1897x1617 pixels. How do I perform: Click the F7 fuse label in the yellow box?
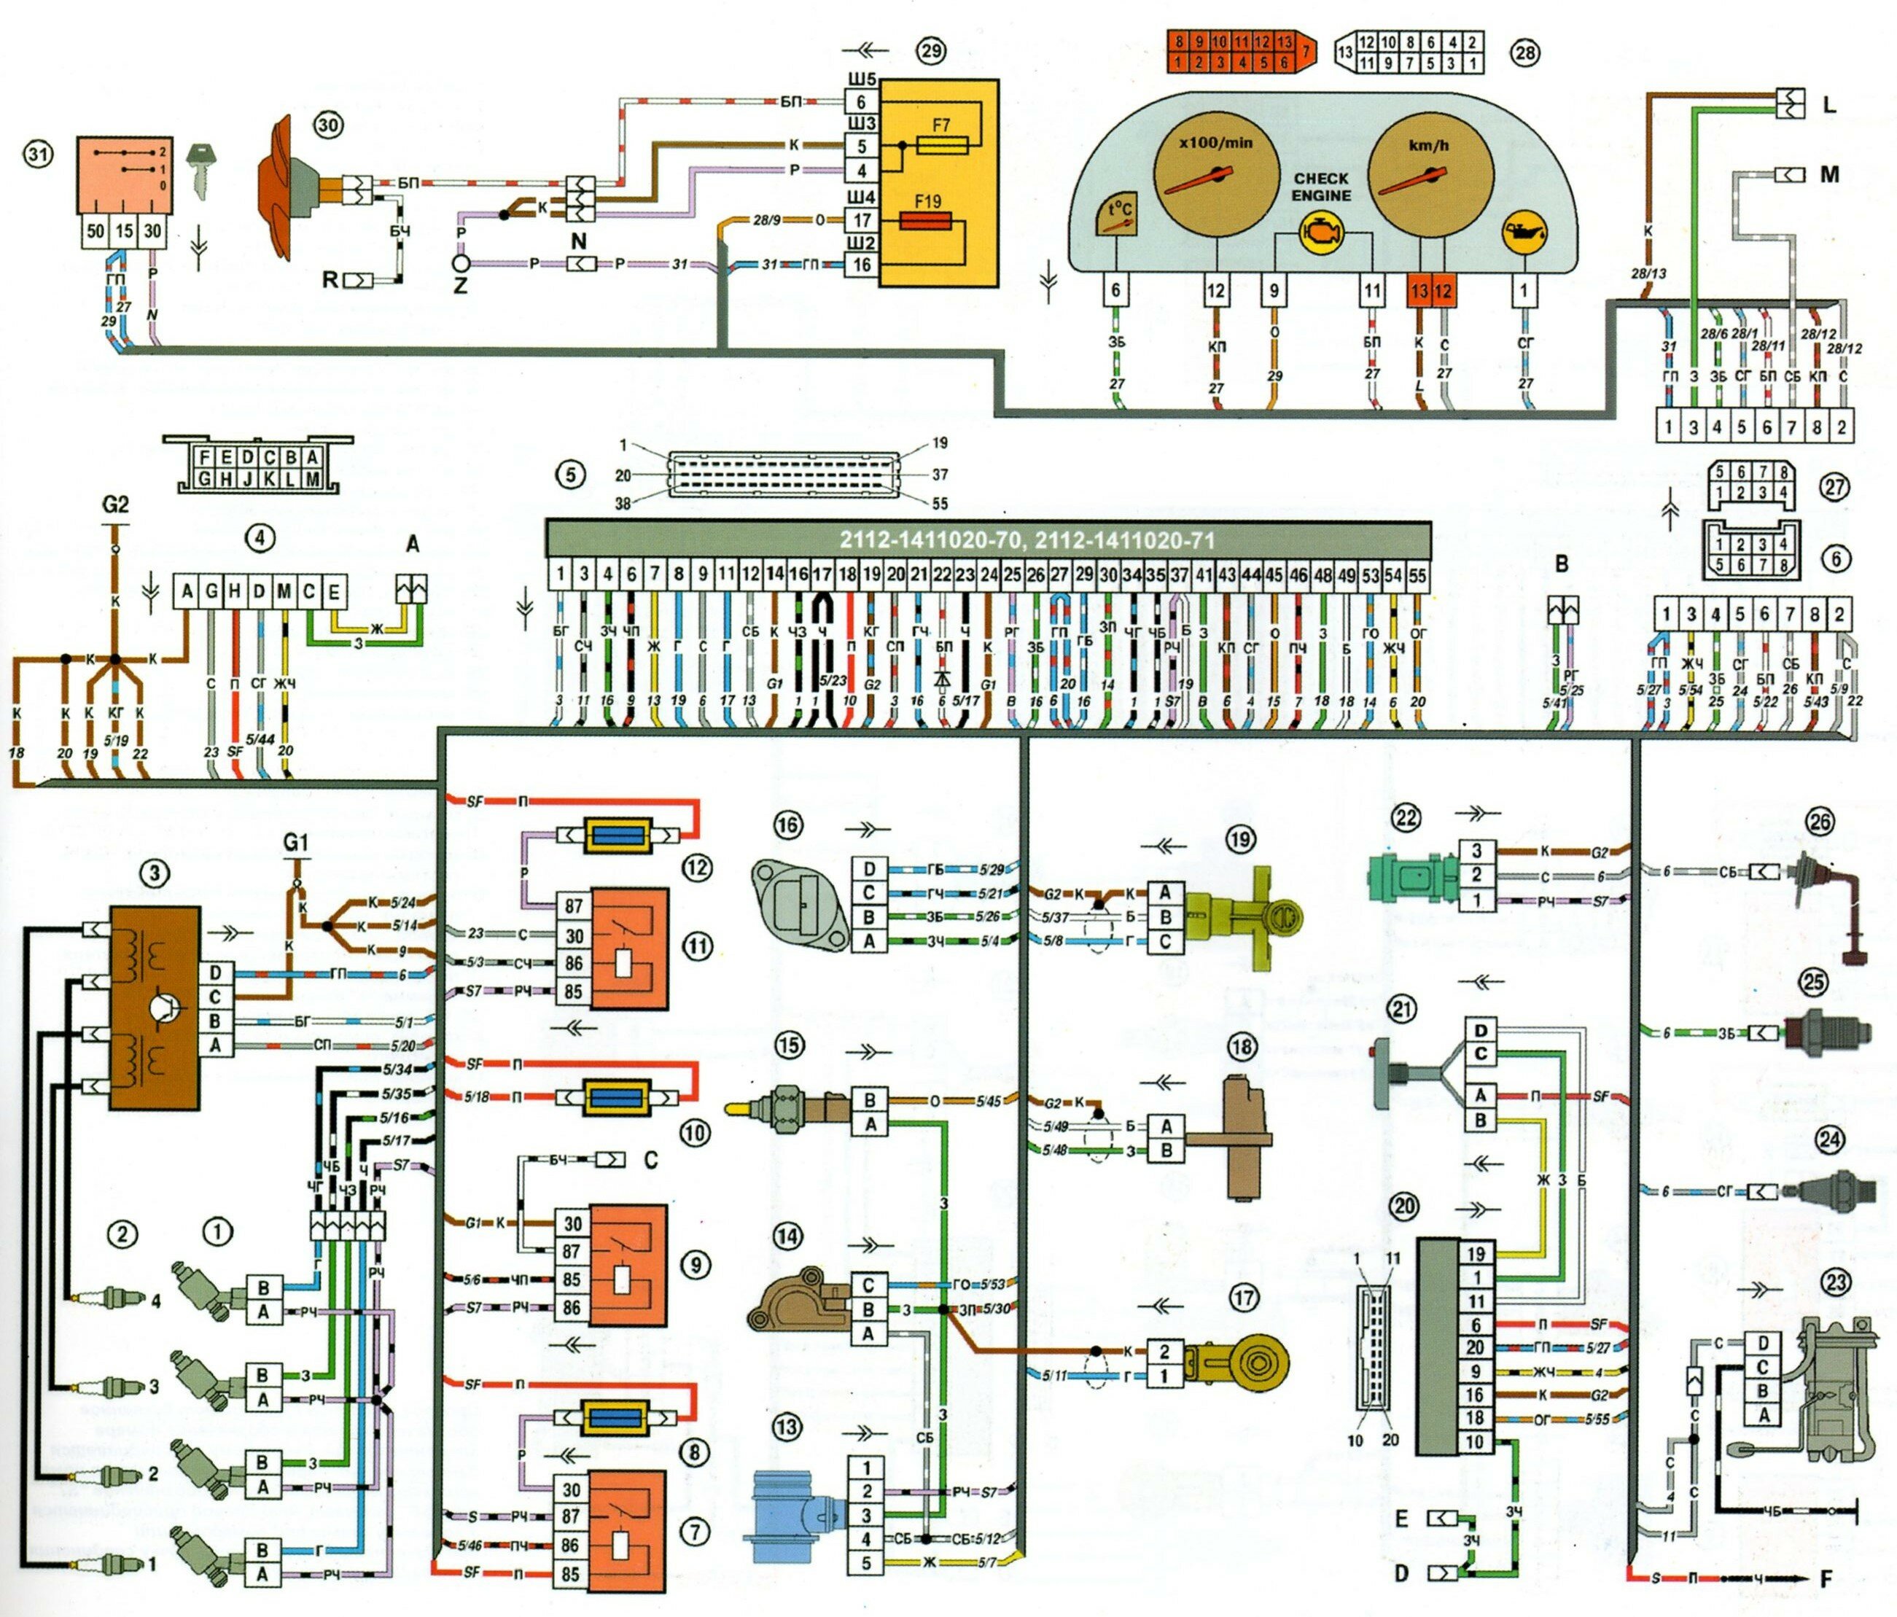940,125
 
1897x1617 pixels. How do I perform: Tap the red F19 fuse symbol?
927,222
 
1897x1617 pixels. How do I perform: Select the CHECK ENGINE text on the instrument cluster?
1320,187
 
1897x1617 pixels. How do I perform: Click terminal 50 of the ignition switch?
96,232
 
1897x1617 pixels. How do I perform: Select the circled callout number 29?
931,50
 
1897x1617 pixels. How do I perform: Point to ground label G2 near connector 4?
115,504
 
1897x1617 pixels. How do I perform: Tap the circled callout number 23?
1835,1282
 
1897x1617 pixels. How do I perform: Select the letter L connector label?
1829,105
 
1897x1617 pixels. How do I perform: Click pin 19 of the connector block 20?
1475,1253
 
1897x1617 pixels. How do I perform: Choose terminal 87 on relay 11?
573,906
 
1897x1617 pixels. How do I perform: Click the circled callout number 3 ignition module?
154,873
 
